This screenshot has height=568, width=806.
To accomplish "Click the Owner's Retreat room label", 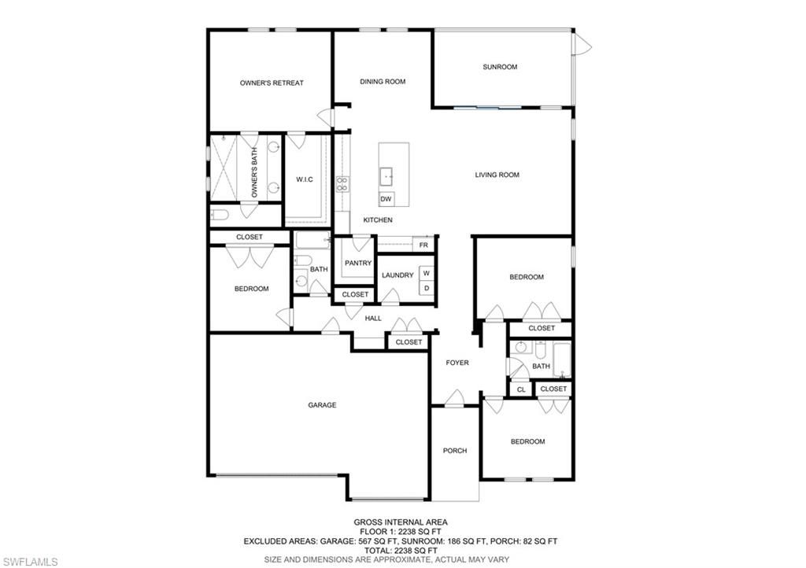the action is click(272, 83).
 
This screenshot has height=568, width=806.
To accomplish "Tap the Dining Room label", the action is click(383, 81).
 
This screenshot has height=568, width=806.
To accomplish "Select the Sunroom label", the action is click(500, 67).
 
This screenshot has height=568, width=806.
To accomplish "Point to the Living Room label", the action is click(497, 175).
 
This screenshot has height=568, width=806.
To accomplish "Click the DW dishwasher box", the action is click(386, 199).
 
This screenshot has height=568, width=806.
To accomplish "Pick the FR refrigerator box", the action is click(423, 245).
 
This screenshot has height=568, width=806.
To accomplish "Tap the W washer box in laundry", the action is click(427, 273).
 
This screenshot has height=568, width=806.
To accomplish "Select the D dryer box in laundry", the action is click(427, 288).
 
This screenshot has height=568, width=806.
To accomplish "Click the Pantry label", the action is click(358, 263).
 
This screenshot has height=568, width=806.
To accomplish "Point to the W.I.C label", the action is click(305, 179).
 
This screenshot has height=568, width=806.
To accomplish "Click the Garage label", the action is click(322, 405).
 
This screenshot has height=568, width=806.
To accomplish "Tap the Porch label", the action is click(455, 451).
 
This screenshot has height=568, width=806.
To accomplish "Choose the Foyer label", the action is click(457, 363).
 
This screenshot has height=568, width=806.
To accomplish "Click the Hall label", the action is click(373, 319).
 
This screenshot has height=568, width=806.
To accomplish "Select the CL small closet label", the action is click(521, 389).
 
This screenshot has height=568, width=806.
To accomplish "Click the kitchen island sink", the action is click(386, 176).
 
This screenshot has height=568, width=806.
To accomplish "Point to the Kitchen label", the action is click(378, 219).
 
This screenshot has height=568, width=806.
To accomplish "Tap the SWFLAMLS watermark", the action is click(29, 562).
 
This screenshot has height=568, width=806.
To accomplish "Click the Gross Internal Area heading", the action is click(401, 522).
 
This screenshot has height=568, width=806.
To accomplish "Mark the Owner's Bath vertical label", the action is click(254, 172).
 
